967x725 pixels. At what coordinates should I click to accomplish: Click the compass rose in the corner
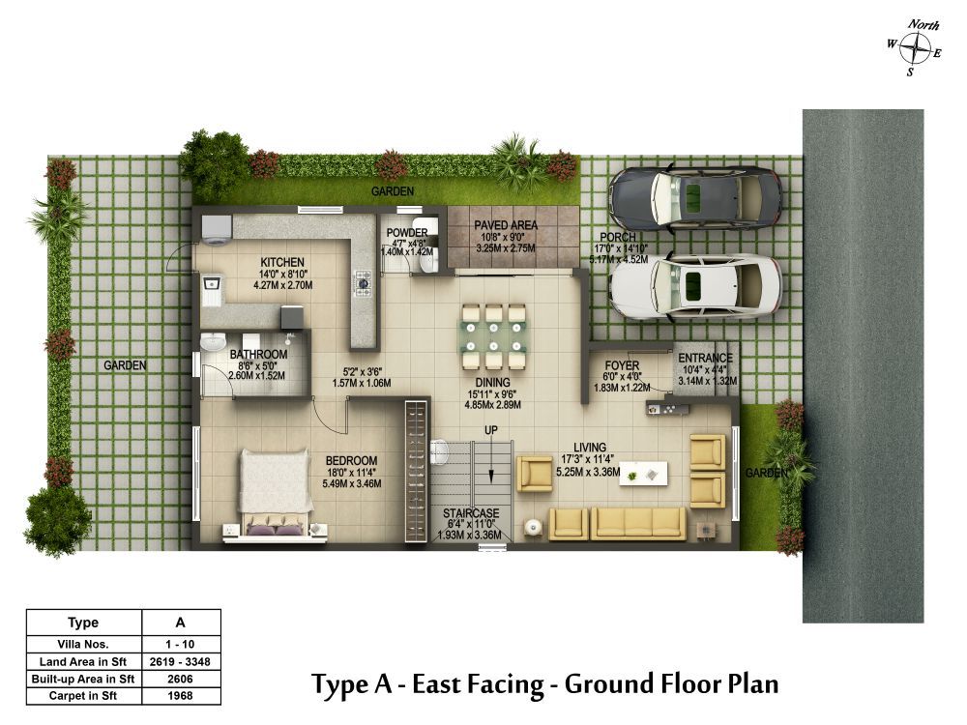point(915,48)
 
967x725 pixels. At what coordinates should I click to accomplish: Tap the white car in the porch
point(695,287)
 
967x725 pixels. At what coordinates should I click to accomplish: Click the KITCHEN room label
point(282,262)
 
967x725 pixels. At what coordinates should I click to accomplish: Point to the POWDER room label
point(407,232)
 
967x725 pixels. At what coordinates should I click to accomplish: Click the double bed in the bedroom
point(275,494)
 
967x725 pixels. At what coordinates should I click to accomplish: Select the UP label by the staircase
point(491,430)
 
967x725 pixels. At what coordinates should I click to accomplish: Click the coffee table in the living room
point(643,474)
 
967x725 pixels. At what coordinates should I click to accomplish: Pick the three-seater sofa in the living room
point(638,523)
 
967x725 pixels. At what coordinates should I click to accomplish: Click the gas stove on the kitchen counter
point(363,283)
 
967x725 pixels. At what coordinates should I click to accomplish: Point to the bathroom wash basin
point(214,342)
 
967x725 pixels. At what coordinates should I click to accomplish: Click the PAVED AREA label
point(506,225)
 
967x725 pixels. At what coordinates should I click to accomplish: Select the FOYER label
point(622,365)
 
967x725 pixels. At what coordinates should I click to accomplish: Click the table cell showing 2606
point(181,679)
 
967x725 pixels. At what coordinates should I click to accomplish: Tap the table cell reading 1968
point(181,696)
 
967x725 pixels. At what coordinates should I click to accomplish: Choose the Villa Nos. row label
point(83,644)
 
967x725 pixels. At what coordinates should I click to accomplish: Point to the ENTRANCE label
point(706,358)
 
